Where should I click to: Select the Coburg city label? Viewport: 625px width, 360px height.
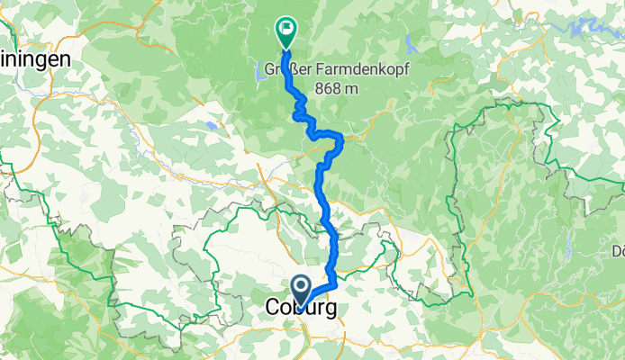coord(303,309)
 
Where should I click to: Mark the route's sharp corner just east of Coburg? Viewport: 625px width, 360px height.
coord(335,283)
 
